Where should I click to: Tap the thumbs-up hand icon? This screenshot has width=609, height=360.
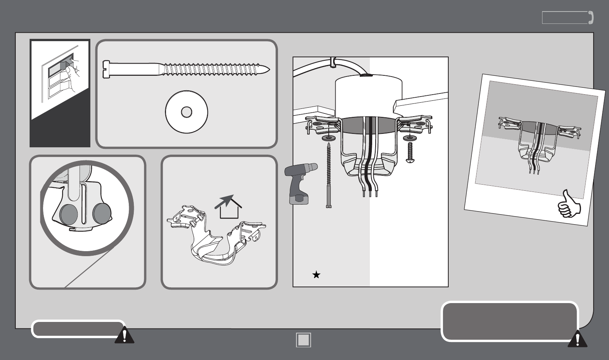click(569, 203)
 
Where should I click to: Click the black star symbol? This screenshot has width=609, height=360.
click(316, 275)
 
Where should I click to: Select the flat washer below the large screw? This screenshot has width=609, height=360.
click(186, 112)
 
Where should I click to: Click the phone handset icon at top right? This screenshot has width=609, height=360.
click(591, 18)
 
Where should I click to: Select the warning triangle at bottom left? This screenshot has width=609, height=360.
click(124, 335)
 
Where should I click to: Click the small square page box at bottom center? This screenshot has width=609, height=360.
click(303, 340)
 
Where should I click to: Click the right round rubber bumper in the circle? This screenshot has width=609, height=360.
click(102, 213)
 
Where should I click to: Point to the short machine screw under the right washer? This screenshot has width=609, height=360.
click(409, 152)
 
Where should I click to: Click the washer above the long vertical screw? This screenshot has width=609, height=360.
click(328, 138)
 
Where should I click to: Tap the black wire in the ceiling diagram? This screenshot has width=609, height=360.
click(369, 154)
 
